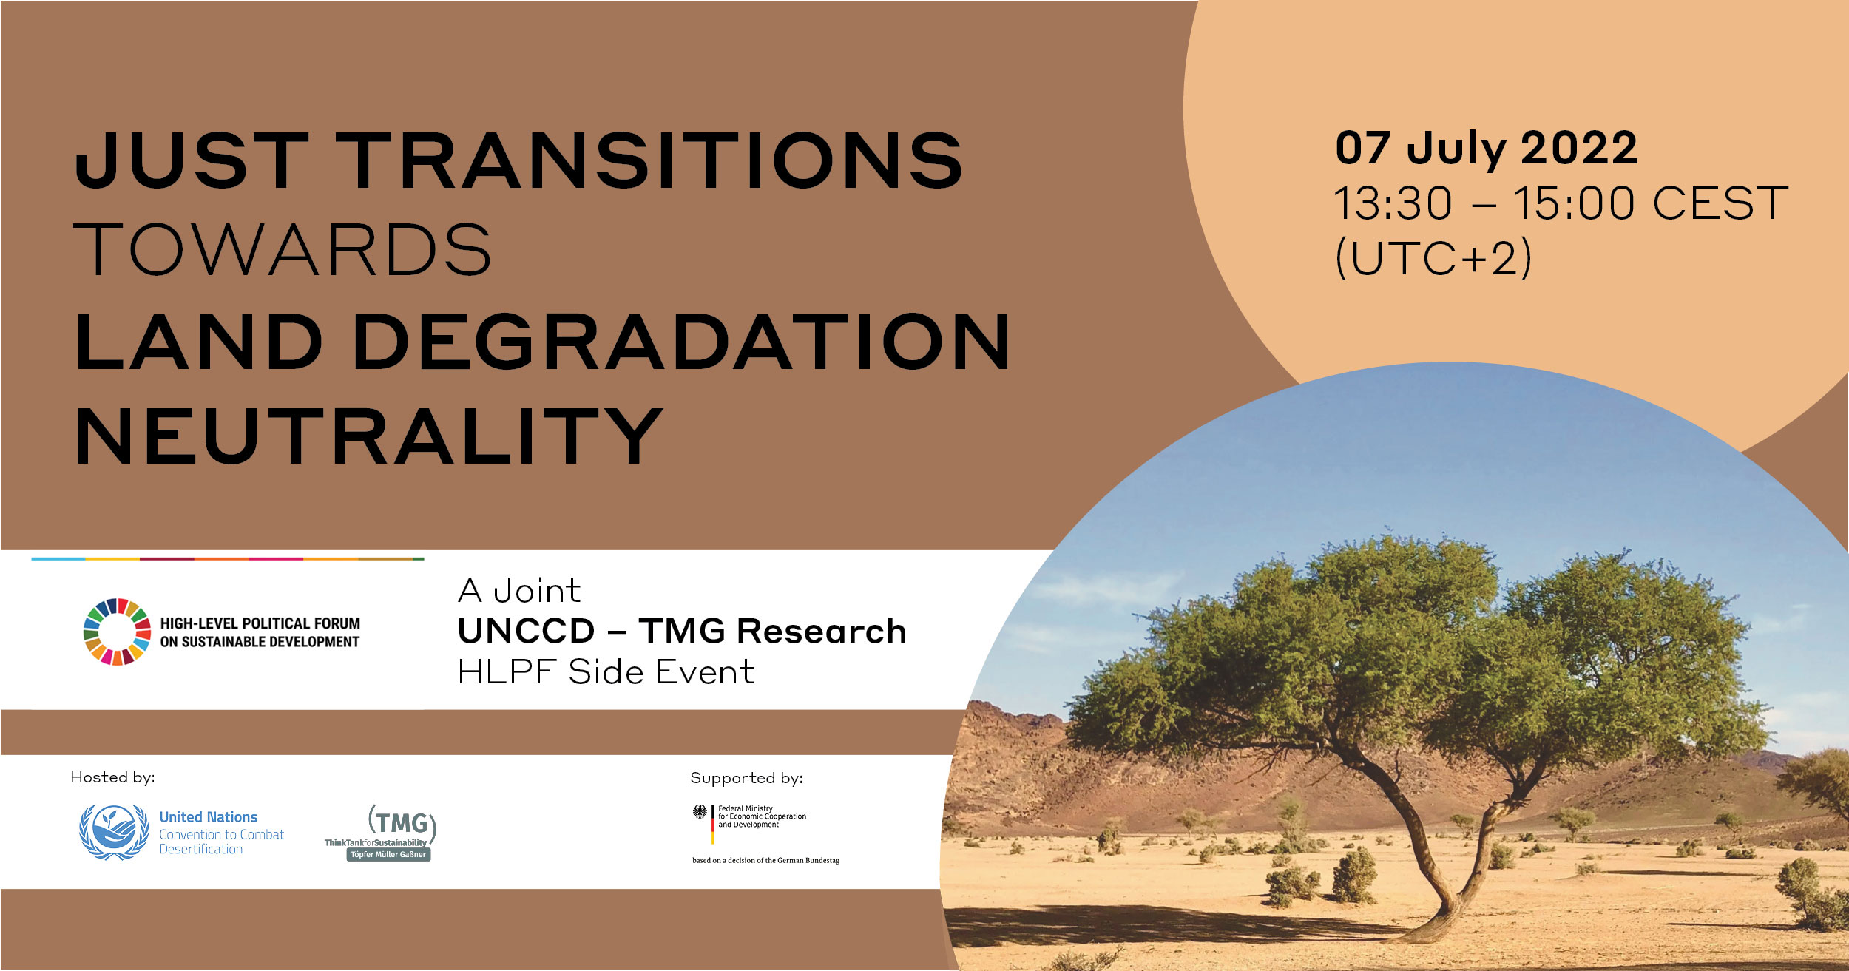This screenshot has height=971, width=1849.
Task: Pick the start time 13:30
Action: click(1393, 203)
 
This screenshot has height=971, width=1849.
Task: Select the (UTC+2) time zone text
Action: click(1433, 258)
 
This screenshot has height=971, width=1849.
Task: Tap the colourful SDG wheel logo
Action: click(117, 632)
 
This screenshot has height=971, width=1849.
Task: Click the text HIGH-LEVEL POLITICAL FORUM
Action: click(260, 623)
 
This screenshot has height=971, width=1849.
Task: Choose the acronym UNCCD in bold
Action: click(526, 632)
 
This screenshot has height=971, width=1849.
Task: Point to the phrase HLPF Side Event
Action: click(606, 672)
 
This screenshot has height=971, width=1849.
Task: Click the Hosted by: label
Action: click(112, 777)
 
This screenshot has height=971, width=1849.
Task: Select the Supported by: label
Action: click(746, 778)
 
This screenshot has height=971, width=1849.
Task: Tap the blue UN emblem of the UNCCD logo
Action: click(114, 832)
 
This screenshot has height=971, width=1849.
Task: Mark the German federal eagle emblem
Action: click(700, 811)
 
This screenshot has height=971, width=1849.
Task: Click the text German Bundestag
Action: click(808, 860)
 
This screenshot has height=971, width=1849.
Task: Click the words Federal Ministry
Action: click(746, 808)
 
